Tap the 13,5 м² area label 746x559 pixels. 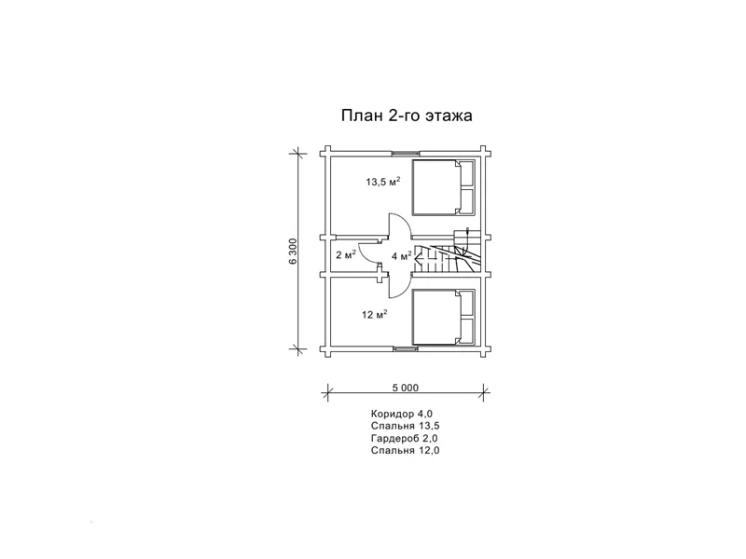(382, 183)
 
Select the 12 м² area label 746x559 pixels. (375, 315)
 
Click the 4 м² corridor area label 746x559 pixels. (401, 255)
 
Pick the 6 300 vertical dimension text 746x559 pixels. (293, 252)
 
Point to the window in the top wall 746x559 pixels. (405, 152)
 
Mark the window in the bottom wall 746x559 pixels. (405, 349)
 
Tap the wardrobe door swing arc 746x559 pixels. (368, 253)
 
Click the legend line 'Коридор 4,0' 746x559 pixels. (402, 412)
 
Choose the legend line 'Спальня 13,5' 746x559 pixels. (404, 425)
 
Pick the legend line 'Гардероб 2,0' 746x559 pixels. (404, 438)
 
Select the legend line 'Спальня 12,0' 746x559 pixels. (404, 451)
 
